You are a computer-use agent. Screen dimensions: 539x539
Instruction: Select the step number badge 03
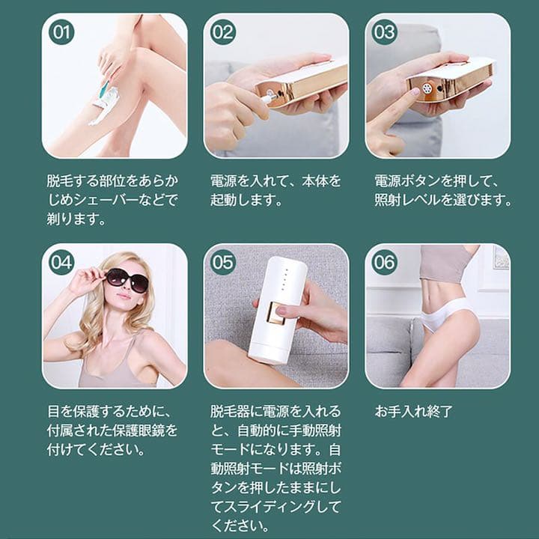[x=385, y=33]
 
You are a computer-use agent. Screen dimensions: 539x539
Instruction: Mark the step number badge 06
[x=385, y=263]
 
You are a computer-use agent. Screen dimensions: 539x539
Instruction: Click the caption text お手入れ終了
[x=414, y=412]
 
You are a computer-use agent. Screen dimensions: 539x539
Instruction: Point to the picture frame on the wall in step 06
[x=500, y=259]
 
